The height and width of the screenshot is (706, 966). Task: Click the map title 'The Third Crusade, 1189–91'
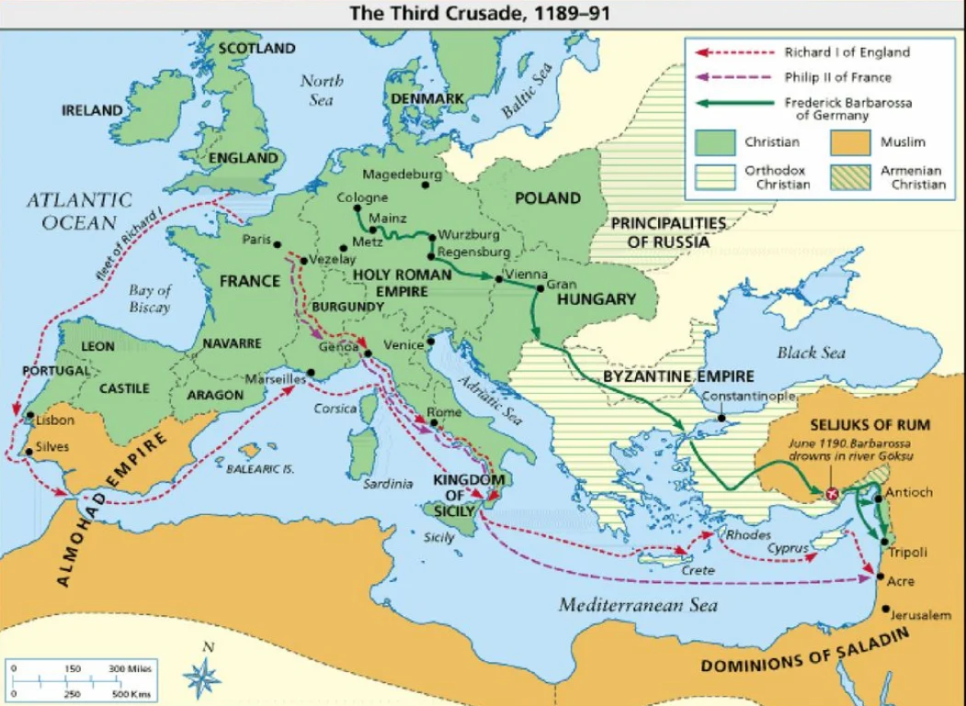tap(483, 13)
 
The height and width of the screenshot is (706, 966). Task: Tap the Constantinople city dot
tap(722, 418)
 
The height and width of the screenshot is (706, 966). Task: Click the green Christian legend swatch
tap(714, 143)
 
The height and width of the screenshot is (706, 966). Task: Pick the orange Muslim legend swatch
tap(851, 143)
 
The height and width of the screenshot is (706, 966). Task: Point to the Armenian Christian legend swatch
tap(851, 176)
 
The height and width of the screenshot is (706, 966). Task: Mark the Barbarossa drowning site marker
tap(833, 494)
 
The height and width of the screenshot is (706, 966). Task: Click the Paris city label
tap(256, 241)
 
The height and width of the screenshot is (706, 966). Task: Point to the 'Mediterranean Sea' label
tap(638, 605)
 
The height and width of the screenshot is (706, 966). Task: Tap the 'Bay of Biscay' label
tap(151, 299)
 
